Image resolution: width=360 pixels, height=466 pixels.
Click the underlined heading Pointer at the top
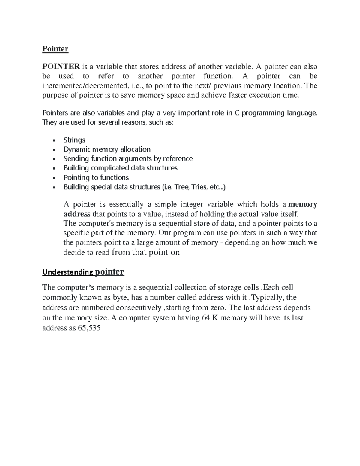[x=55, y=49]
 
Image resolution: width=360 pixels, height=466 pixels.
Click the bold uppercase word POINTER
[x=61, y=66]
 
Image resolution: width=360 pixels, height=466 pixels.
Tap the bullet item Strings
[x=74, y=140]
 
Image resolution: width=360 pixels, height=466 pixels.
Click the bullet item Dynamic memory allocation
[x=107, y=149]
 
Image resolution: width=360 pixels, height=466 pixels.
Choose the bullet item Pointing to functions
[x=96, y=178]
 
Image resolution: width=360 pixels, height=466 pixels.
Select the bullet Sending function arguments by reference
[x=128, y=159]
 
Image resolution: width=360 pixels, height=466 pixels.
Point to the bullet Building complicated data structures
[x=121, y=168]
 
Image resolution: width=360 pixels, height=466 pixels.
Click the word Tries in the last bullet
[x=199, y=187]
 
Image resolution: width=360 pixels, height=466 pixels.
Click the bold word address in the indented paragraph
[x=77, y=214]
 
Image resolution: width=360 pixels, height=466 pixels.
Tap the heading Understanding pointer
[x=83, y=272]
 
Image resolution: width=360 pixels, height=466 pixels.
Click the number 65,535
[x=89, y=328]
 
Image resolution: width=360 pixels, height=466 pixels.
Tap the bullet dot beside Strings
[x=54, y=141]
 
